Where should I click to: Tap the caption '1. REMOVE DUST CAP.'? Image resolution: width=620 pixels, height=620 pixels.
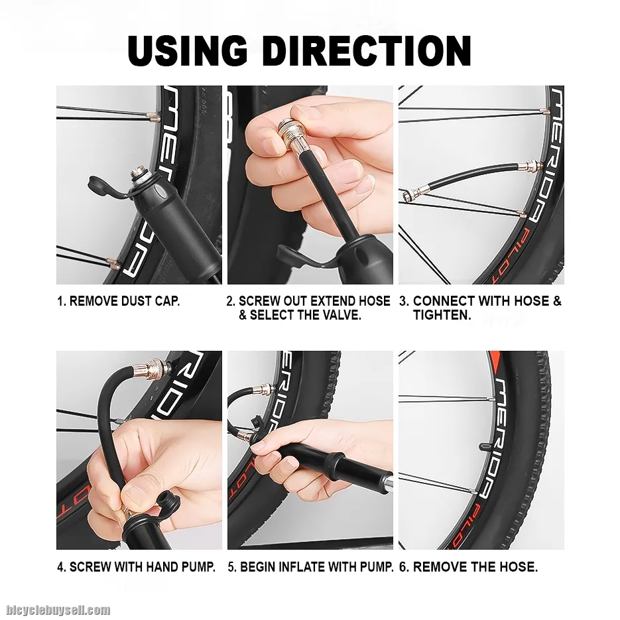[119, 301]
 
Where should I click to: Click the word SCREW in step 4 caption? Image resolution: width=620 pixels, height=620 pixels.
[90, 567]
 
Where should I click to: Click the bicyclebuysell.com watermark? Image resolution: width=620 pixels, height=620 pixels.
[58, 609]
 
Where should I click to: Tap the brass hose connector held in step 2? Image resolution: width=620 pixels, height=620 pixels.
[288, 136]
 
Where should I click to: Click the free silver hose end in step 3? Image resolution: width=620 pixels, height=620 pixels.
[411, 194]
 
